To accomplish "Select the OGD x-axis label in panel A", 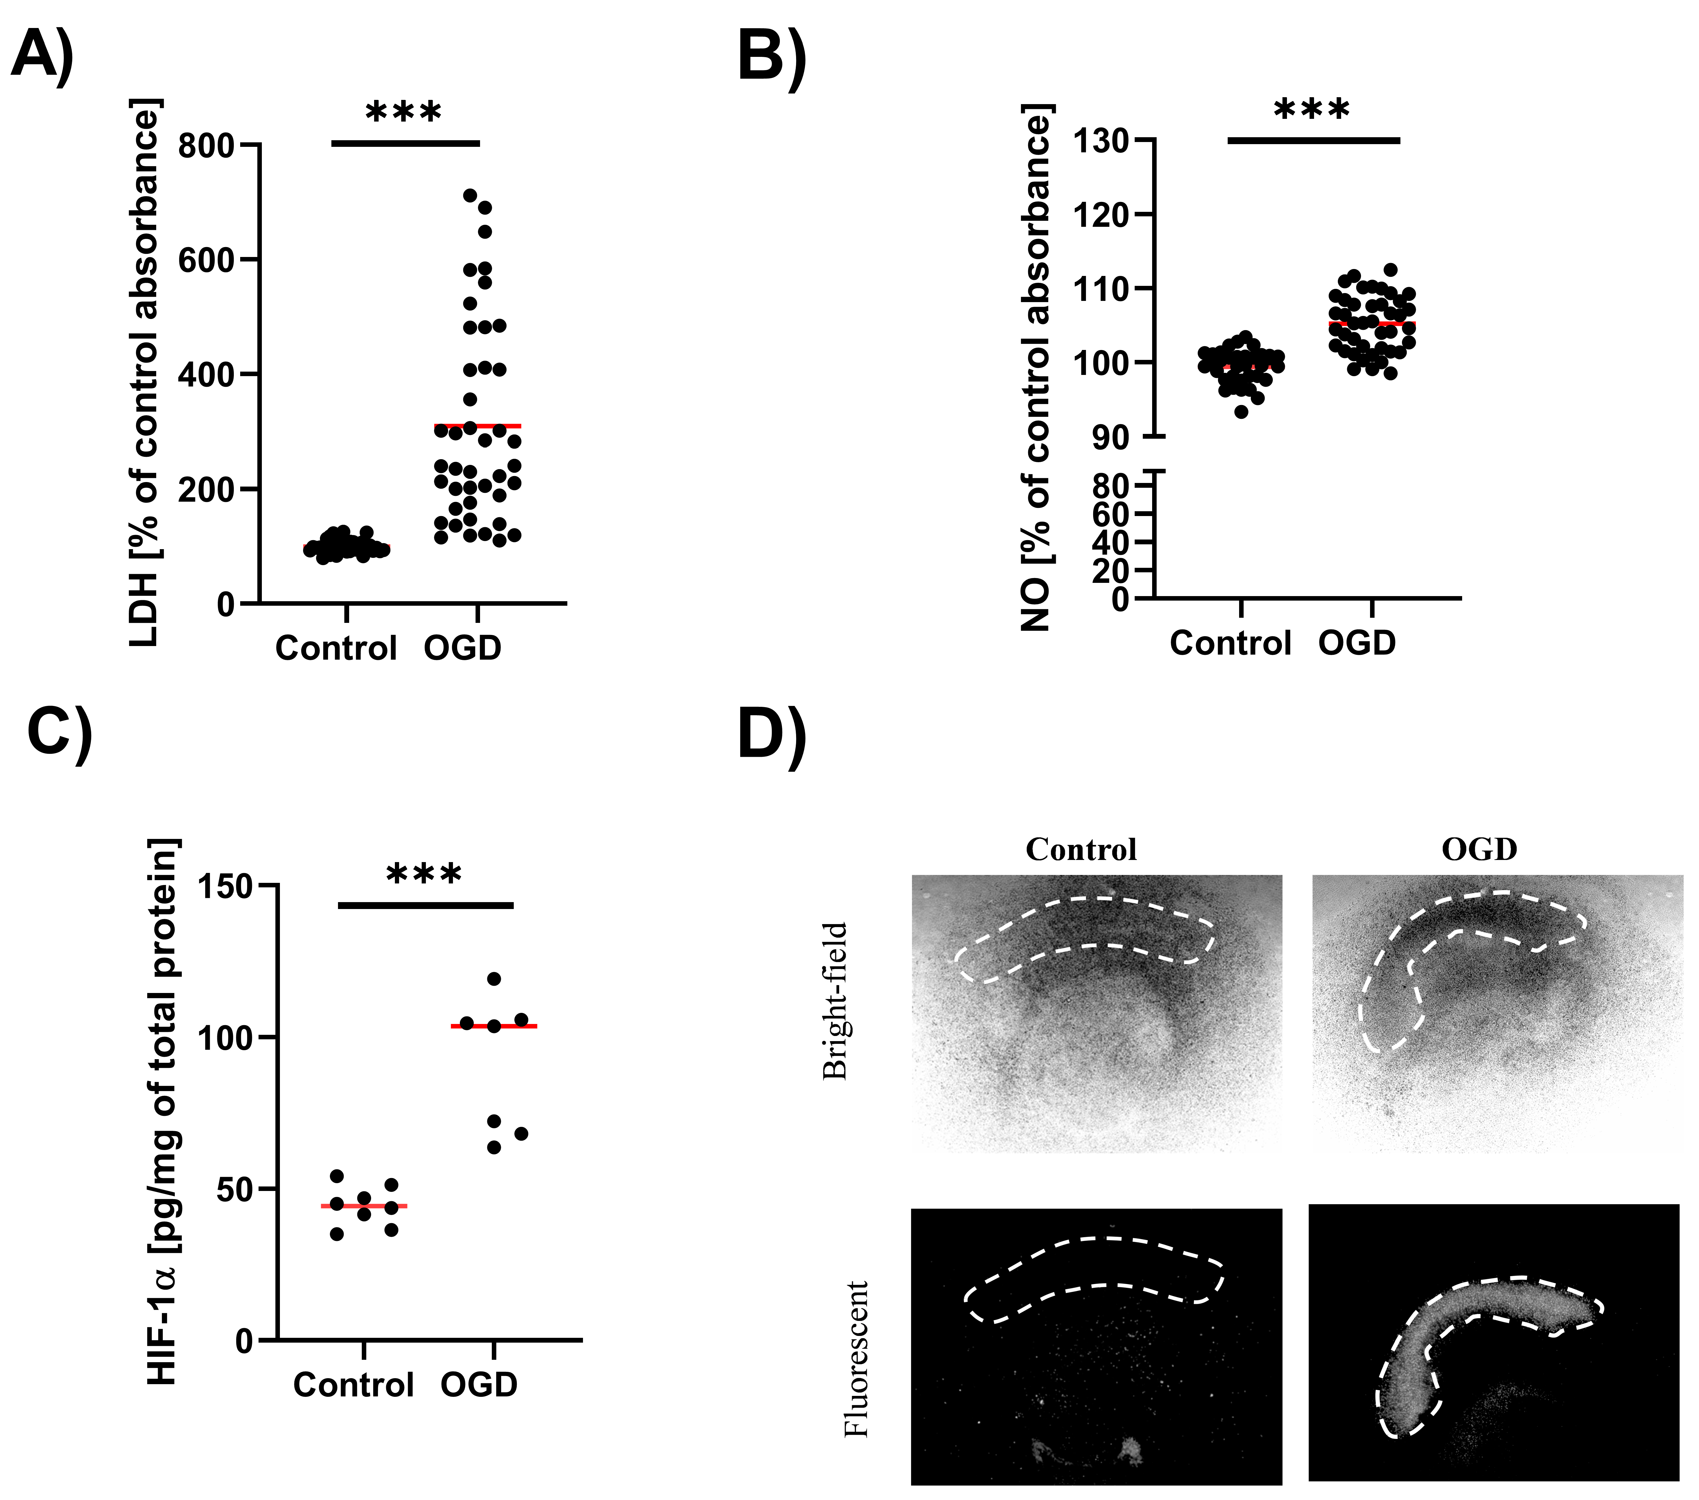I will coord(463,648).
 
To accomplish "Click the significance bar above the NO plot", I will coord(1313,141).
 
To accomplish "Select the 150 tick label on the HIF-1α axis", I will coord(225,887).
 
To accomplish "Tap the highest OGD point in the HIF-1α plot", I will coord(494,979).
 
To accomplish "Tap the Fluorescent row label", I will coord(856,1359).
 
